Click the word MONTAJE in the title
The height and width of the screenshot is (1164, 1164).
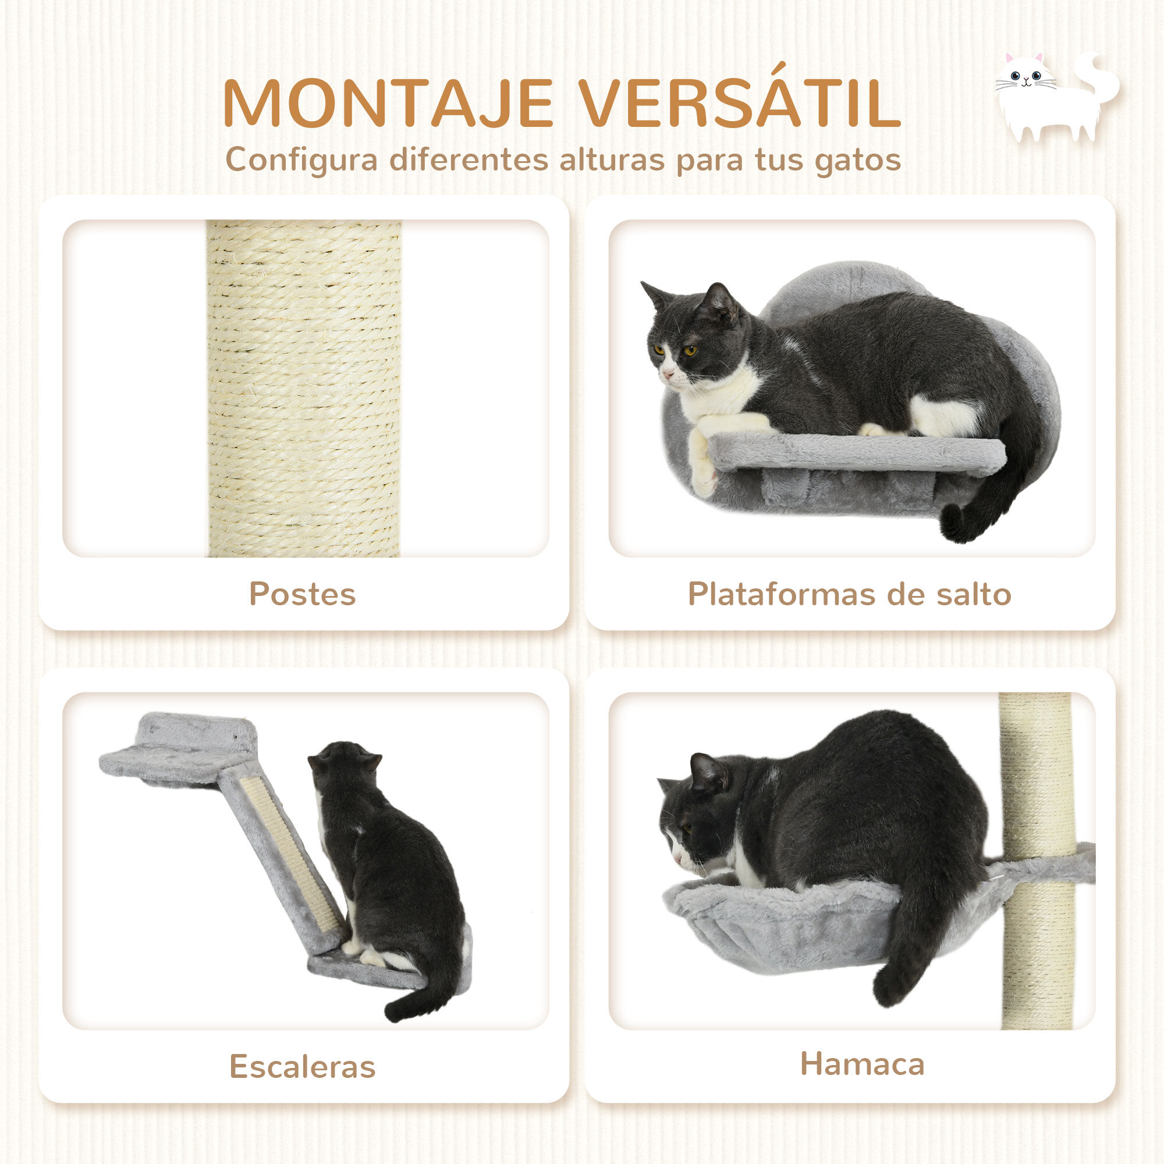(388, 104)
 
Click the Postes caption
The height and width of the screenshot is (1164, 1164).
(303, 594)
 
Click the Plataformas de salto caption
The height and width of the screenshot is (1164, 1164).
(850, 594)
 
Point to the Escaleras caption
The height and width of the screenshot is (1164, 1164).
(303, 1066)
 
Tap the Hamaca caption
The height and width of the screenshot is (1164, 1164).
(862, 1063)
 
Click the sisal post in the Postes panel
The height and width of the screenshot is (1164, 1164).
(304, 389)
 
